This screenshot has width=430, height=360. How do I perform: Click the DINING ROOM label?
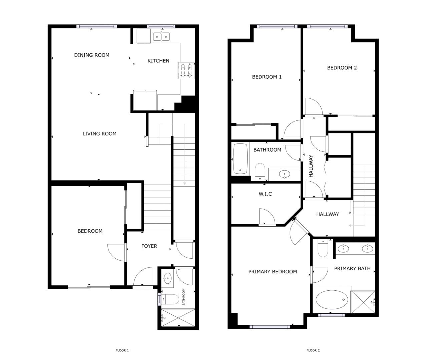point(92,55)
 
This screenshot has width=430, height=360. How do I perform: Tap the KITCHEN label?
point(158,61)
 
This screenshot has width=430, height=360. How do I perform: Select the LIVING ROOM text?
point(99,134)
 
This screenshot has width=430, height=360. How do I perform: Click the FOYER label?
point(149,246)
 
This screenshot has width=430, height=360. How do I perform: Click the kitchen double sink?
point(161,37)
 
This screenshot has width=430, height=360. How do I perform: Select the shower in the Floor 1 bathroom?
point(178,318)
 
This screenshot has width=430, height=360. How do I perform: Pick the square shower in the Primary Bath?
point(363,302)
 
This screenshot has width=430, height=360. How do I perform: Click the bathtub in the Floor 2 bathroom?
point(240,158)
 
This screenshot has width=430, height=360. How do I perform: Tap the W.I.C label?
point(265,194)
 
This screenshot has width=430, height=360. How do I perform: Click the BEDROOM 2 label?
point(342,68)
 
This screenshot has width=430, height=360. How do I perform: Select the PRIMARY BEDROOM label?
point(273,272)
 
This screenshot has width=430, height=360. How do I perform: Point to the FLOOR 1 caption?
point(122,350)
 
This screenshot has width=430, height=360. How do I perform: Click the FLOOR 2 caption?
point(313,350)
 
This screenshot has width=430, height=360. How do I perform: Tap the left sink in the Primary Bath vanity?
point(343,248)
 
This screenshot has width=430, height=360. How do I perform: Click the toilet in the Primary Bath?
point(323,249)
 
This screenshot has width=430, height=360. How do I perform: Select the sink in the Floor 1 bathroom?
point(167,278)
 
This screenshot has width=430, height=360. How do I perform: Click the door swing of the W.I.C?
point(266,217)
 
